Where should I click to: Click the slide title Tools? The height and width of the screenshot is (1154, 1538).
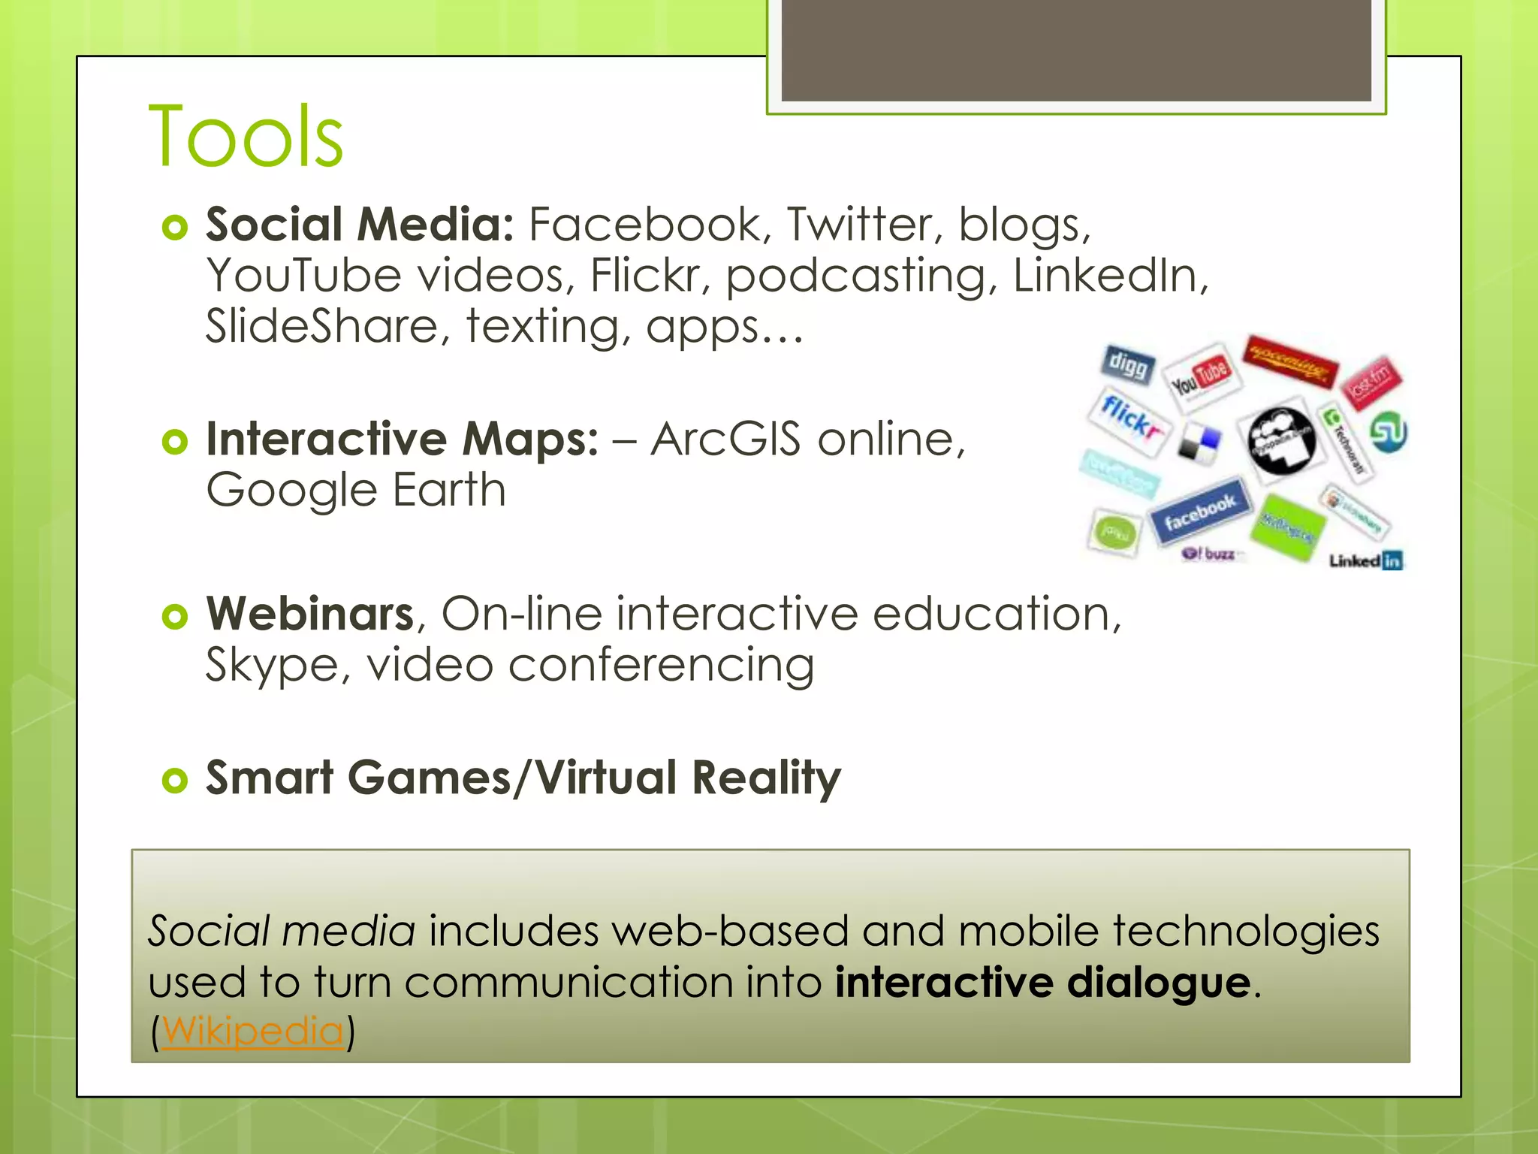(246, 137)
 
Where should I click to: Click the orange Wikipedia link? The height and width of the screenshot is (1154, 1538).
(252, 1030)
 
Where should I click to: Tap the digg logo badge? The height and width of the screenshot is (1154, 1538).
(1128, 365)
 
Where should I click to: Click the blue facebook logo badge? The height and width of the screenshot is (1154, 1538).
(1200, 512)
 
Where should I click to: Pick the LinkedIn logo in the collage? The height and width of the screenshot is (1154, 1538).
(1365, 560)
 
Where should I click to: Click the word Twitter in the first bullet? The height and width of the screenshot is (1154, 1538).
(859, 225)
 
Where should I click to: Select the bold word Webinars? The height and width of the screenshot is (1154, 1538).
(310, 614)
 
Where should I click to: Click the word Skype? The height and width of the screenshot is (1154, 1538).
(272, 666)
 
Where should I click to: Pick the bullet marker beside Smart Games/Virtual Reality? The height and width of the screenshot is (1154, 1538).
(174, 781)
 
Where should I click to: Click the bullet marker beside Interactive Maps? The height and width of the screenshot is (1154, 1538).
(174, 442)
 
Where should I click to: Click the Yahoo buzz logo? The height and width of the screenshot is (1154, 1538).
(1209, 554)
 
